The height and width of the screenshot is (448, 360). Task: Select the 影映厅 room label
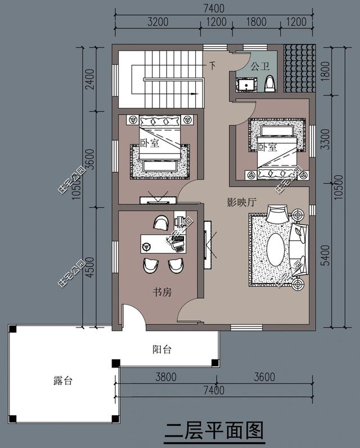241,203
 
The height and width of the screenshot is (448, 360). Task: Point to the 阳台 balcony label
162,350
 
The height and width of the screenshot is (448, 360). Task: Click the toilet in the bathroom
269,84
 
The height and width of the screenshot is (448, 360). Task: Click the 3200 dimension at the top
158,23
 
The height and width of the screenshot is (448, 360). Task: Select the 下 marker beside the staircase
212,65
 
